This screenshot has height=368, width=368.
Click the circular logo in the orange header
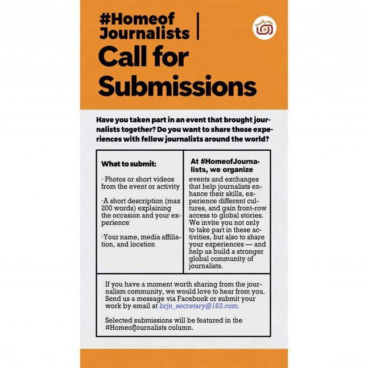[x=264, y=28]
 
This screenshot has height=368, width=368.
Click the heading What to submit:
[x=129, y=164]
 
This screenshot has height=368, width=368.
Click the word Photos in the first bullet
[x=116, y=179]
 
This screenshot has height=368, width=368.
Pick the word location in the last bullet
[x=142, y=244]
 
